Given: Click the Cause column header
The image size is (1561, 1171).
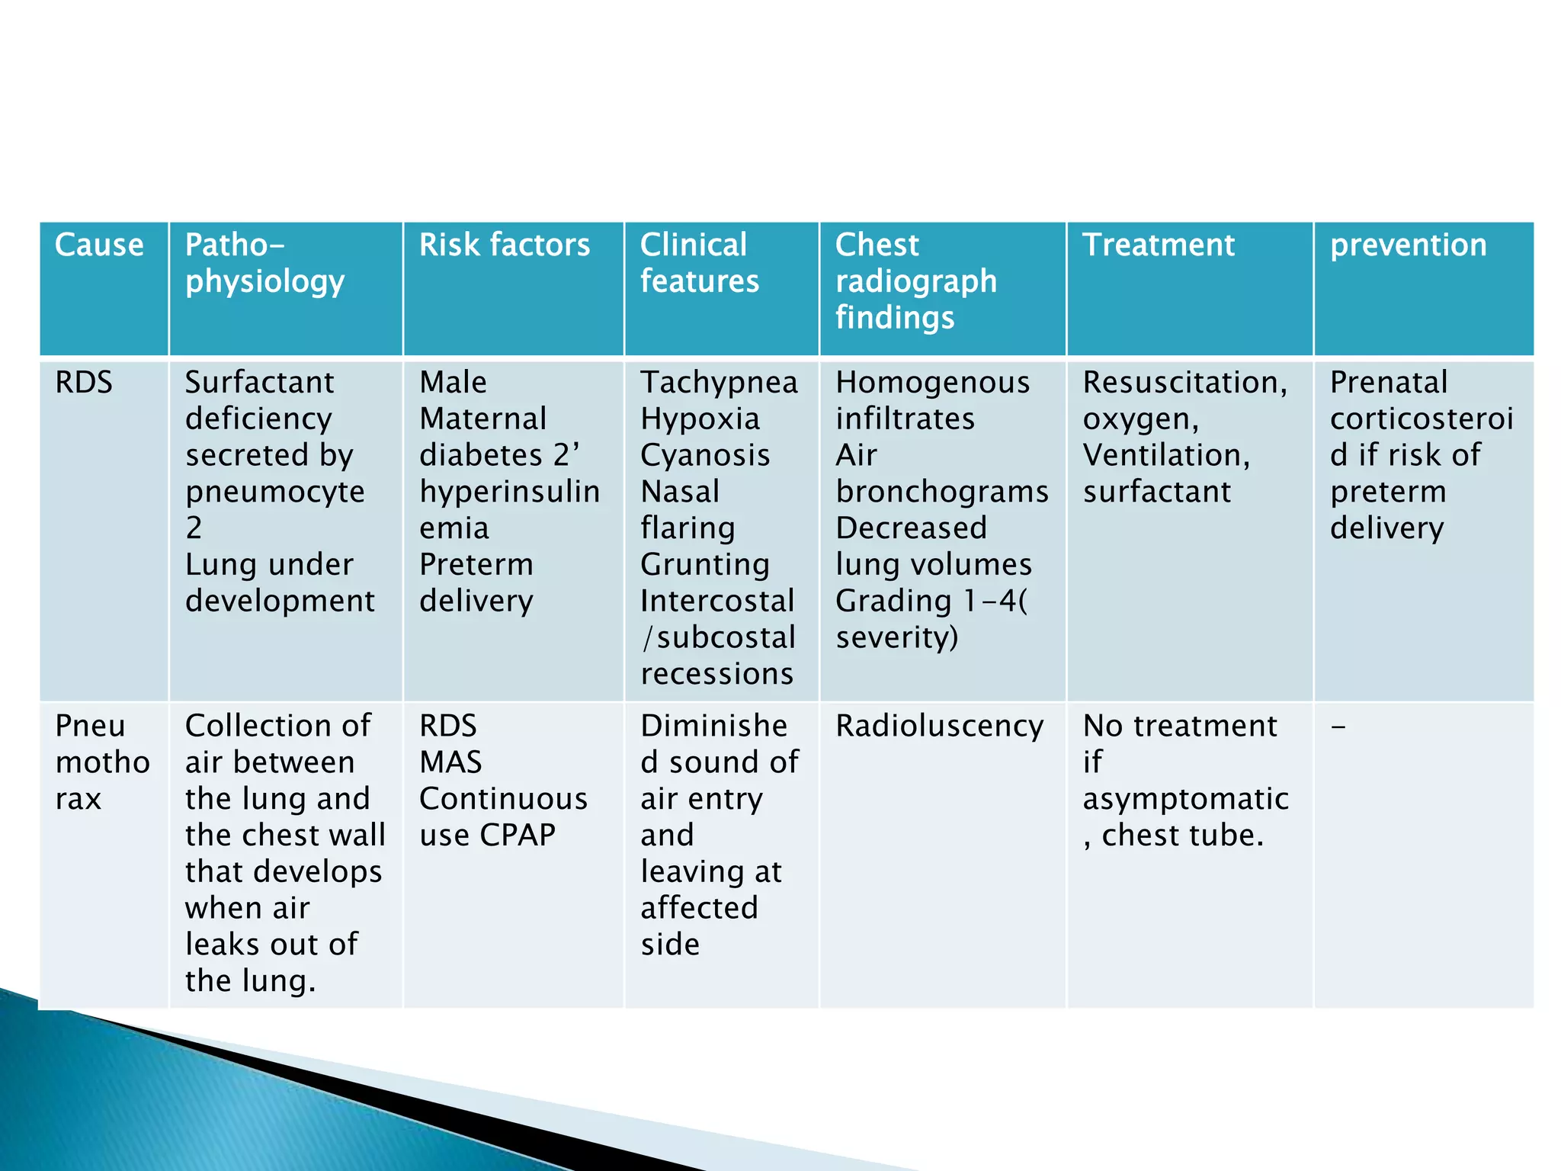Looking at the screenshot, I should (x=99, y=245).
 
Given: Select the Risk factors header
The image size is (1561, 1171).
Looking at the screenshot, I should (x=504, y=245).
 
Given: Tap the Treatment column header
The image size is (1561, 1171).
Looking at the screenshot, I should (x=1158, y=245).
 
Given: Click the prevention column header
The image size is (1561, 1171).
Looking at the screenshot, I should (x=1408, y=245).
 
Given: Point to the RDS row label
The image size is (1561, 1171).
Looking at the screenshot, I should (x=84, y=382).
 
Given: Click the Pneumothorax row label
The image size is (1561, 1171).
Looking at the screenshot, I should (x=102, y=762).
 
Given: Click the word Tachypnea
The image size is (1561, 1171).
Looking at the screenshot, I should (x=719, y=382).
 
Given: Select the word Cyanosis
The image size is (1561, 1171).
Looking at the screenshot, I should (x=705, y=455).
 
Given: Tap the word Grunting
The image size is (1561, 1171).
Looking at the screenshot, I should (x=705, y=565).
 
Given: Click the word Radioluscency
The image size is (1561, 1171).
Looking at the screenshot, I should (x=939, y=726).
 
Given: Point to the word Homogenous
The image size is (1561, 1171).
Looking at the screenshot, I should (x=932, y=382).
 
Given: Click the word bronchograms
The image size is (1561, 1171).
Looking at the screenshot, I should (x=942, y=492).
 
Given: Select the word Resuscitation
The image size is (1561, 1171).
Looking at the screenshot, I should (x=1184, y=382).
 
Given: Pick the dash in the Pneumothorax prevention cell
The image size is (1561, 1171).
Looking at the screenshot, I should (x=1338, y=727).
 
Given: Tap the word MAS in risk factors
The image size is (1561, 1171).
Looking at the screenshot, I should (x=450, y=762).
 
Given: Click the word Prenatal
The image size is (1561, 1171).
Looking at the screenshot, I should (x=1388, y=382).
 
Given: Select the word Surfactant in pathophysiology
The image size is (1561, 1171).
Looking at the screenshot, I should (x=259, y=382).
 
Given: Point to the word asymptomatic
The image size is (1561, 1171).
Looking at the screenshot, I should (x=1185, y=799).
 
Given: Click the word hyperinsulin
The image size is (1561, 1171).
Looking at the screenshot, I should (x=509, y=492).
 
